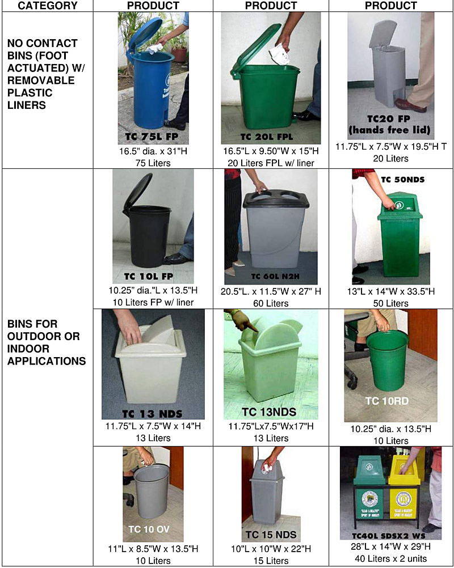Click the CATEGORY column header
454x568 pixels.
pos(48,6)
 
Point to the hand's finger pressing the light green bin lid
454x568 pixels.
pos(252,329)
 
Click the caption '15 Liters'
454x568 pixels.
pos(270,561)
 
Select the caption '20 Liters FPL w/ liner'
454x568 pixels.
pos(270,163)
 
